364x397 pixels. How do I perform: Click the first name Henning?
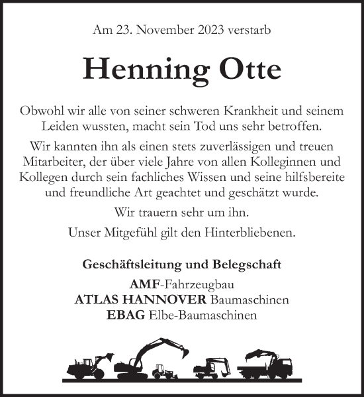tap(135, 69)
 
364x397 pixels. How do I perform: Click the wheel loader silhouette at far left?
tap(83, 365)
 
